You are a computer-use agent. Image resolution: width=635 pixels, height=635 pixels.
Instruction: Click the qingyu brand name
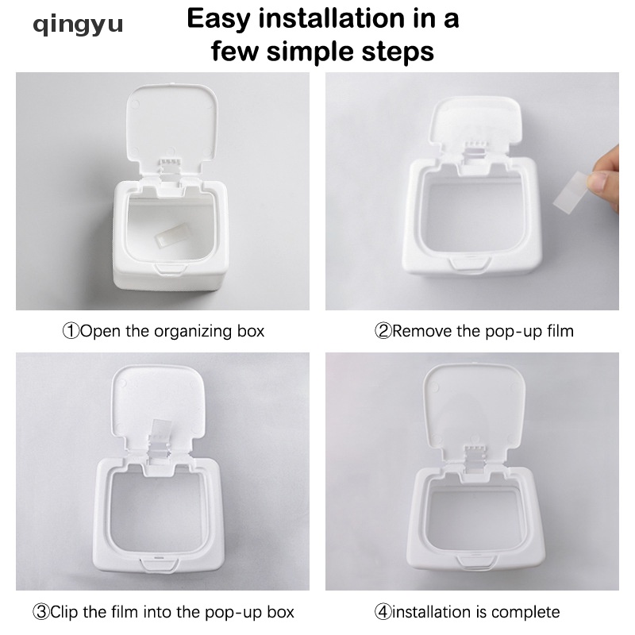coord(77,25)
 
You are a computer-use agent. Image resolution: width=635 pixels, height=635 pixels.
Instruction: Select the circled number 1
coord(71,331)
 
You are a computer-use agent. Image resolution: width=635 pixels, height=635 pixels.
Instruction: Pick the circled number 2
coord(383,331)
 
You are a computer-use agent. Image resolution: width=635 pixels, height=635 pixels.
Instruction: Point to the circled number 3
coord(40,611)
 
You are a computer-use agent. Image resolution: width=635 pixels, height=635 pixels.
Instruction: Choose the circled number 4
coord(383,611)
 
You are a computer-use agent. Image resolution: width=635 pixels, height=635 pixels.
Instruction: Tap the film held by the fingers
coord(571,191)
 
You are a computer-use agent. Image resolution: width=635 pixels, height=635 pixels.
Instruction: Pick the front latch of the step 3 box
coord(160,564)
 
